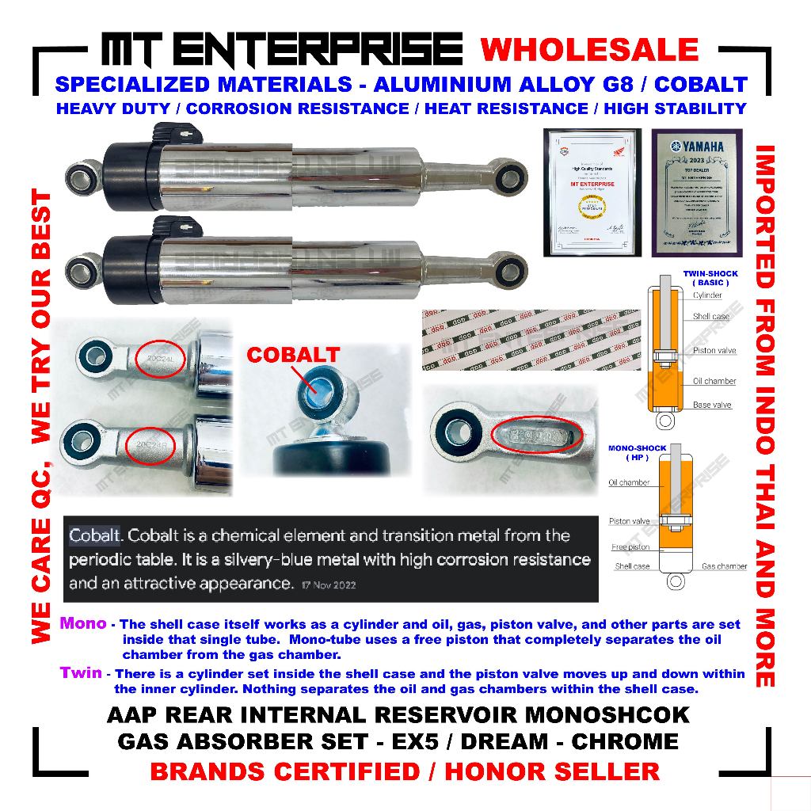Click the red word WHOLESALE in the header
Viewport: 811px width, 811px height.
pyautogui.click(x=590, y=50)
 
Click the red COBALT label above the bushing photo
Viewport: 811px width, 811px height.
pyautogui.click(x=293, y=355)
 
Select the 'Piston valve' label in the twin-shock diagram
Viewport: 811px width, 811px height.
pyautogui.click(x=714, y=350)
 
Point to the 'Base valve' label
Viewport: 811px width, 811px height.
pyautogui.click(x=712, y=405)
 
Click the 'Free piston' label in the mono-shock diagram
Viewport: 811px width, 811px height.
pyautogui.click(x=630, y=547)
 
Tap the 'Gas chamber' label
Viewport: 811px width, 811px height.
pyautogui.click(x=724, y=566)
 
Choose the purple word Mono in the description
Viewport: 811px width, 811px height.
pyautogui.click(x=82, y=623)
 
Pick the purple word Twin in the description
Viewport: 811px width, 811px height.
pyautogui.click(x=82, y=672)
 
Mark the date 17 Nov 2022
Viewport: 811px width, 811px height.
pyautogui.click(x=329, y=586)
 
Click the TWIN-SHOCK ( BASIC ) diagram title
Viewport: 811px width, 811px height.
pyautogui.click(x=710, y=278)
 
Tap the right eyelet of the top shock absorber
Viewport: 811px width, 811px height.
pyautogui.click(x=502, y=169)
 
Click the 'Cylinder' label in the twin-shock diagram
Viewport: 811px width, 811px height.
pyautogui.click(x=707, y=295)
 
